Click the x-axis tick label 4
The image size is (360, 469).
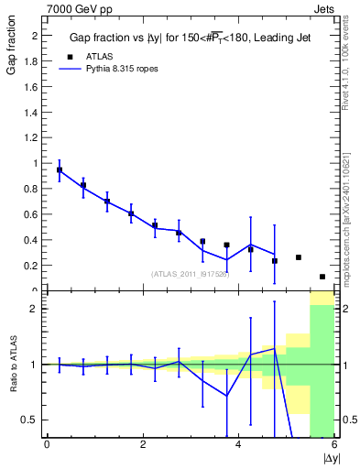238,446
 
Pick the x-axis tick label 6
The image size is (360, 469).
333,446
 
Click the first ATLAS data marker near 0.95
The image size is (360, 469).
60,170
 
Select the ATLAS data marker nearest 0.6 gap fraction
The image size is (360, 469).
131,214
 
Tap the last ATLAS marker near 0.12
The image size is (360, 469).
322,277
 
